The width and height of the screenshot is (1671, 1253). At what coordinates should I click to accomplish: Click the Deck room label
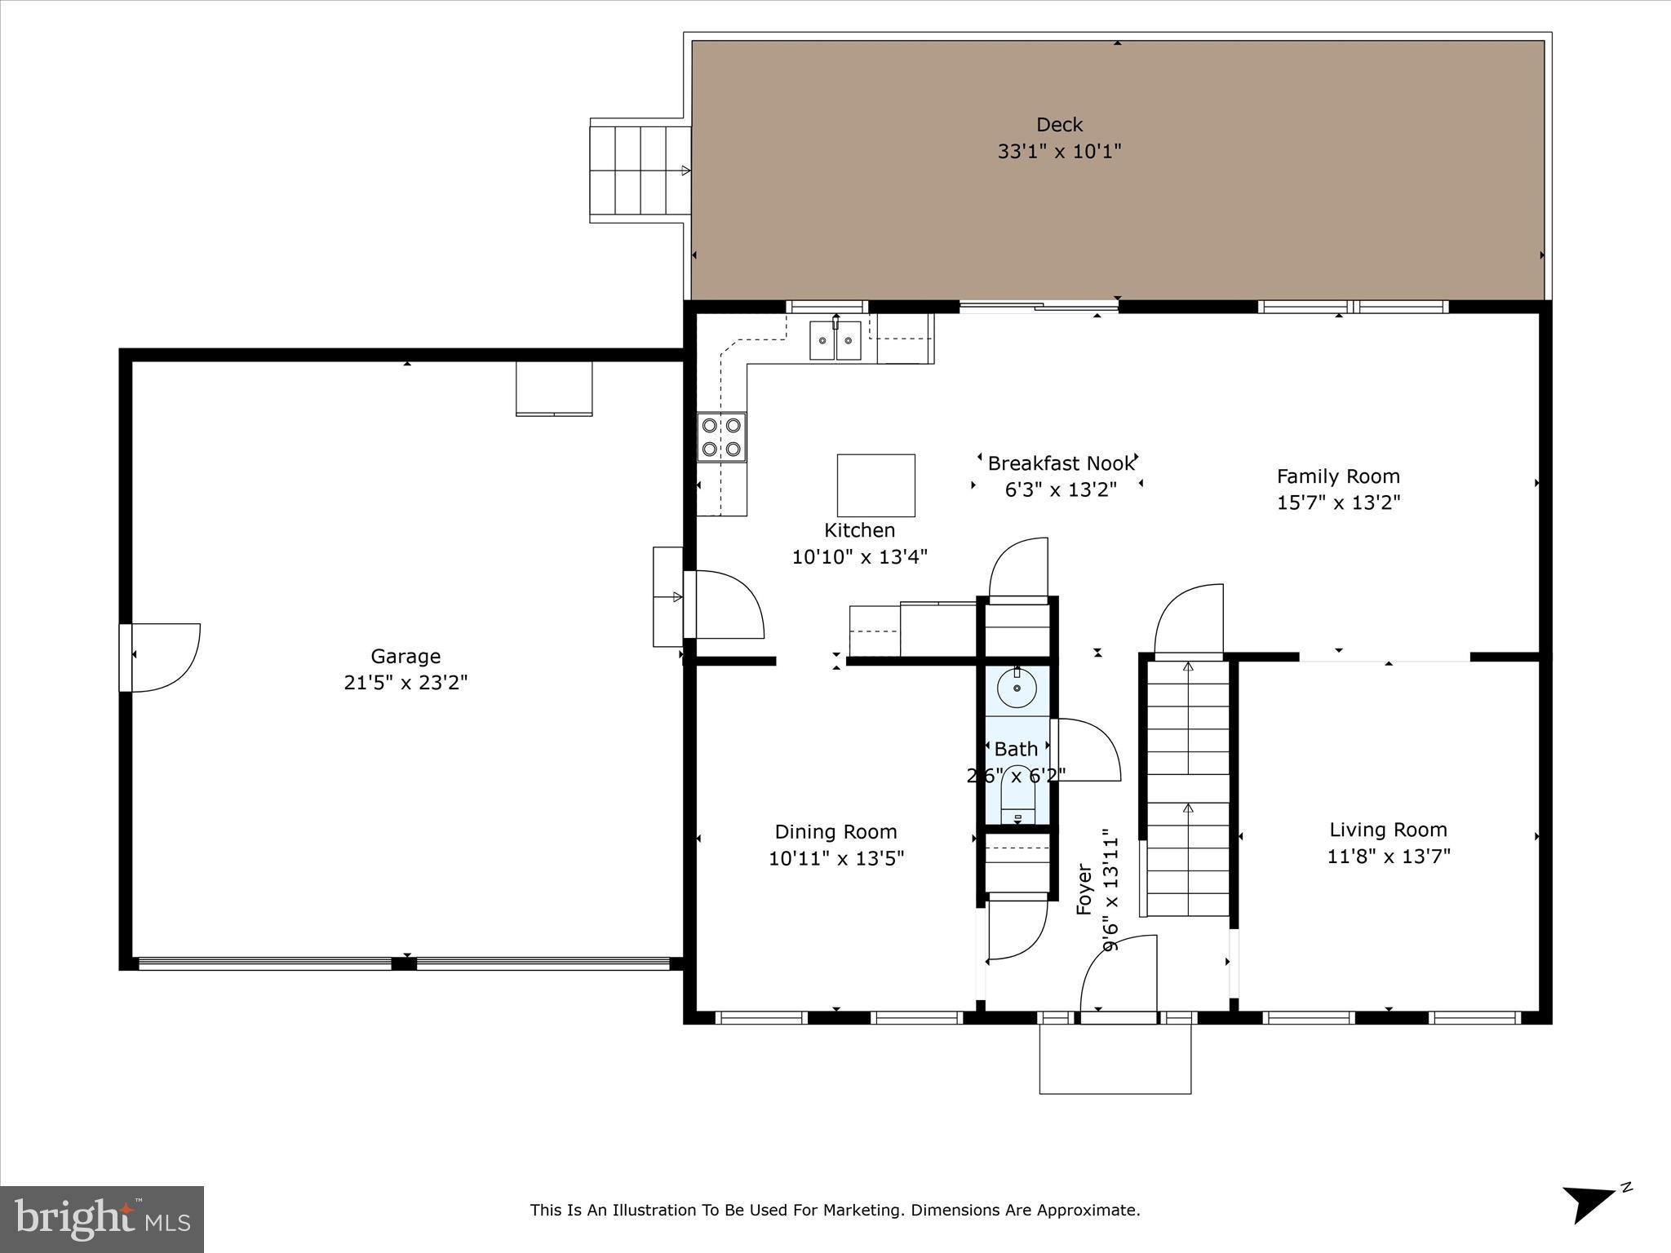(1059, 125)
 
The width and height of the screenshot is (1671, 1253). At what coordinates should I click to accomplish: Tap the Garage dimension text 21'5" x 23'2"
(406, 683)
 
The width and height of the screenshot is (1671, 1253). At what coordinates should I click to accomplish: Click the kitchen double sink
(835, 341)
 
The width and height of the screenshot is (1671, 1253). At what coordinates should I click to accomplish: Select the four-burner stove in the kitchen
(721, 437)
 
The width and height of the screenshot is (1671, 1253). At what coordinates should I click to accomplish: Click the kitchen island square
(875, 485)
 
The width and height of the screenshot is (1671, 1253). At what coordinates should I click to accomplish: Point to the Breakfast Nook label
(1060, 464)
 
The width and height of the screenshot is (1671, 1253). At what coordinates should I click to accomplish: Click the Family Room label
(1337, 476)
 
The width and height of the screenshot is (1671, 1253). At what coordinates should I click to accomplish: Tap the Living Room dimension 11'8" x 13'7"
(1388, 857)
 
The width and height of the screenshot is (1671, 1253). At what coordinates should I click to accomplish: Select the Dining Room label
(835, 832)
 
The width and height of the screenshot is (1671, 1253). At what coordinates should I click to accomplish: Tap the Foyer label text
(1084, 889)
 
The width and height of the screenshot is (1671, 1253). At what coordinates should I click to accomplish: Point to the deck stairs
(639, 171)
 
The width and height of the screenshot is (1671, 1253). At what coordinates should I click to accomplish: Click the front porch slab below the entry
(1115, 1059)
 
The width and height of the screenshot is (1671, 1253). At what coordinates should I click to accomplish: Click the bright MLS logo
(102, 1220)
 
